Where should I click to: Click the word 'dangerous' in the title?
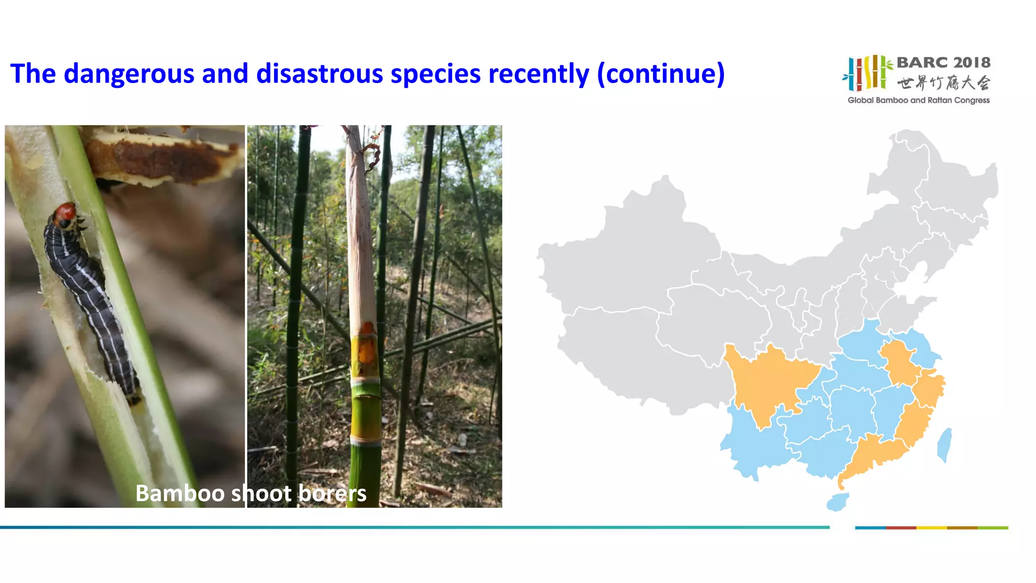pyautogui.click(x=128, y=74)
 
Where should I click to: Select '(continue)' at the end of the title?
pyautogui.click(x=661, y=74)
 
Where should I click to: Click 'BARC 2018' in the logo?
pyautogui.click(x=943, y=63)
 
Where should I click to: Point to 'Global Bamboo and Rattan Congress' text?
pyautogui.click(x=919, y=100)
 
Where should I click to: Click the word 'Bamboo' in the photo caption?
pyautogui.click(x=180, y=493)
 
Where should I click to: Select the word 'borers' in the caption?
pyautogui.click(x=332, y=493)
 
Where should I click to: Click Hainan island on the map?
pyautogui.click(x=837, y=502)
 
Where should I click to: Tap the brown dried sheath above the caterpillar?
pyautogui.click(x=162, y=157)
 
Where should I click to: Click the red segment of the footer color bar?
pyautogui.click(x=901, y=528)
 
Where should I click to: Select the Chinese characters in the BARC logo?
pyautogui.click(x=943, y=82)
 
